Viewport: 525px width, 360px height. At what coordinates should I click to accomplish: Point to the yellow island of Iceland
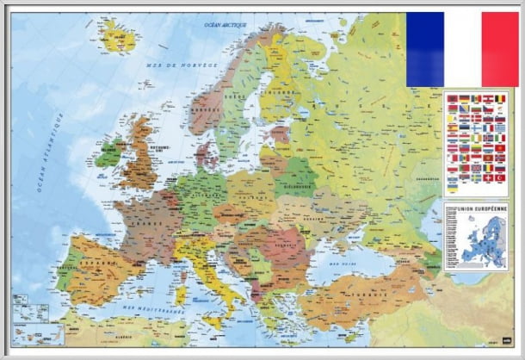tap(118, 35)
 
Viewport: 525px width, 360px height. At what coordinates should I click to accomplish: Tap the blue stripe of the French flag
tap(425, 49)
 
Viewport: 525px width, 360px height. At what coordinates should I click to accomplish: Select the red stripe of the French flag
tap(500, 49)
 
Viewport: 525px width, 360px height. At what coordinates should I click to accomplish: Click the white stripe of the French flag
tap(462, 49)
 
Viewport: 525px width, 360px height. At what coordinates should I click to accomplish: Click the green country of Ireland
tap(108, 156)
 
